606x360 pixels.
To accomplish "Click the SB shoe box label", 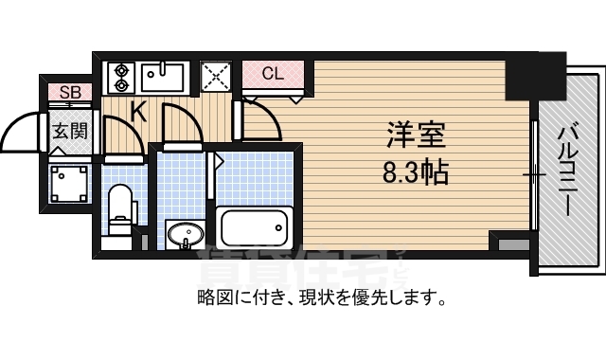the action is (x=70, y=92).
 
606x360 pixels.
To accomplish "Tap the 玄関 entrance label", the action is (x=69, y=131).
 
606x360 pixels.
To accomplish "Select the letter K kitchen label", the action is (x=137, y=113).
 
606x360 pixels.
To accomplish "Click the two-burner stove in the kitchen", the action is (x=121, y=77).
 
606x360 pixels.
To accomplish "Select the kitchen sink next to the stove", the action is (x=165, y=75).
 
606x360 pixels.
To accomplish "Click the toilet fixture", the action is (x=121, y=211).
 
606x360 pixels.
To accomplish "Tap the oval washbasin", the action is (x=184, y=232).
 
